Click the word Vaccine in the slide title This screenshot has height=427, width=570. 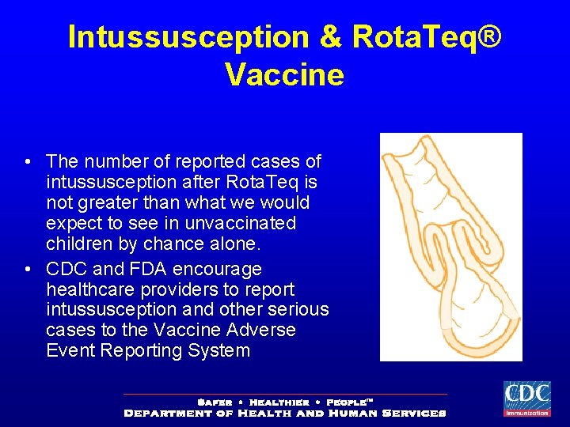pos(284,75)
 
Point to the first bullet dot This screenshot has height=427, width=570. pos(28,163)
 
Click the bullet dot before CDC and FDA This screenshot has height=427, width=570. pos(28,270)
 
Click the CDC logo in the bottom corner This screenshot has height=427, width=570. pos(526,398)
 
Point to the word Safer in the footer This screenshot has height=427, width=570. pos(214,402)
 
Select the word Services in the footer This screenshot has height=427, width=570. pos(413,413)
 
